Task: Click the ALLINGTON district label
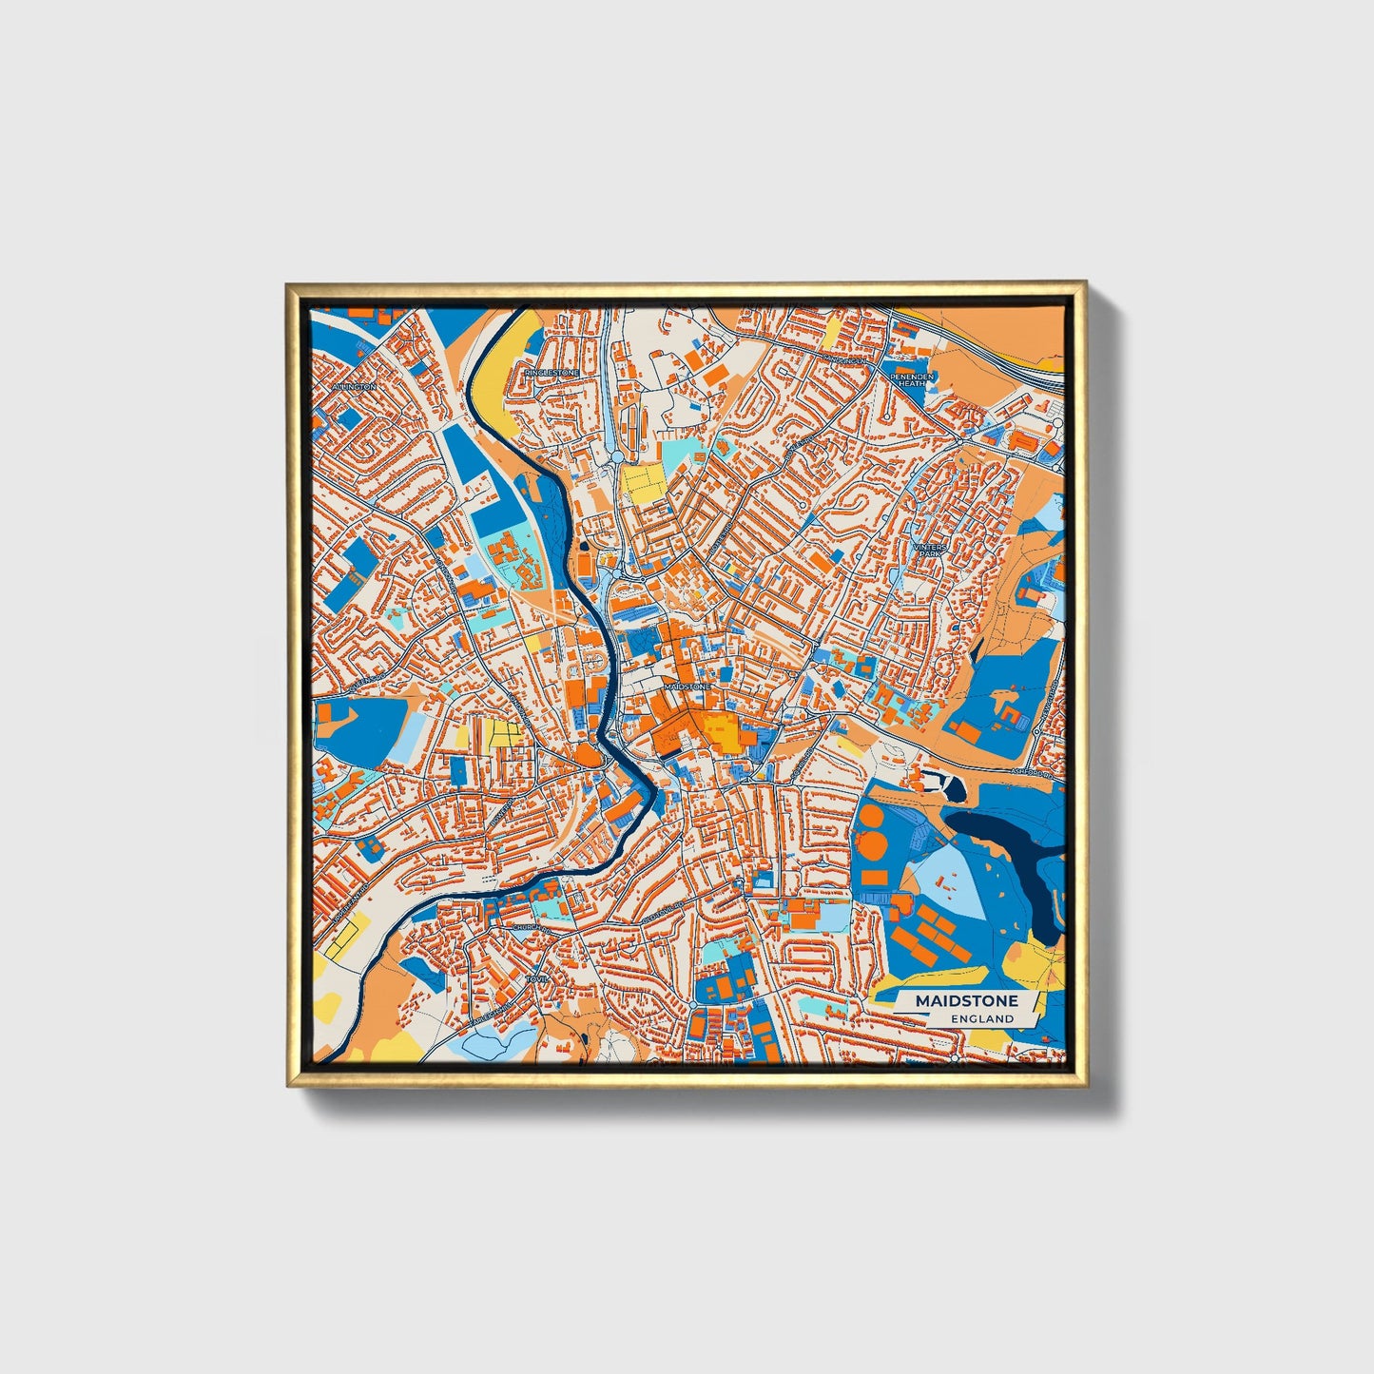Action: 354,387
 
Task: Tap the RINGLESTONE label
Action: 551,373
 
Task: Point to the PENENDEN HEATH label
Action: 913,379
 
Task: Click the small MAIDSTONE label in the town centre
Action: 687,686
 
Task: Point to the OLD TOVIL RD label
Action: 663,914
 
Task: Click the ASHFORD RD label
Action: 1035,775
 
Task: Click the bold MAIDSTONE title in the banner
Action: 966,1001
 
